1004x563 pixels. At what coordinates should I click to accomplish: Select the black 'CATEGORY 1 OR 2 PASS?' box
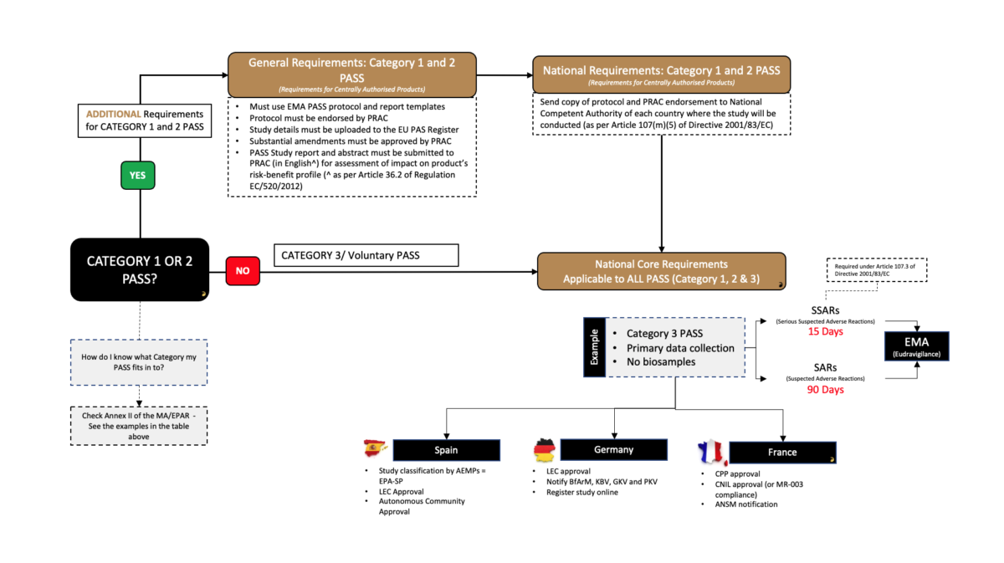140,269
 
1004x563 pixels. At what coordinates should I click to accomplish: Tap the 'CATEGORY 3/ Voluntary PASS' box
366,254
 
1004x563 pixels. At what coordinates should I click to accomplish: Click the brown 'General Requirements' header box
351,74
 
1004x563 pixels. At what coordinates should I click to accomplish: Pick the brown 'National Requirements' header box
661,74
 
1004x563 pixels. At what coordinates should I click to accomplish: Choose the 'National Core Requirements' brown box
661,270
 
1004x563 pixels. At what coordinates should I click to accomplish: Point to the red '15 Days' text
825,331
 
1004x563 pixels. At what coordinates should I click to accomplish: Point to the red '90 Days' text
825,389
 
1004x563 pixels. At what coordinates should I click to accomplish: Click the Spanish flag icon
376,448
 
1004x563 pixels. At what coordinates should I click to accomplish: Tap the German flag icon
545,450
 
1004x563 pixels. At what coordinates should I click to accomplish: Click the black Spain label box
446,450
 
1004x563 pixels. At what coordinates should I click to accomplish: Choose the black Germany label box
613,450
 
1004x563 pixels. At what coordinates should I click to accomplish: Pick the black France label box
783,453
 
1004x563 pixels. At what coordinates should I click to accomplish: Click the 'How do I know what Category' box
139,361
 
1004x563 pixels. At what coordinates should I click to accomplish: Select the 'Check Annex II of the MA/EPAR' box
139,425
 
